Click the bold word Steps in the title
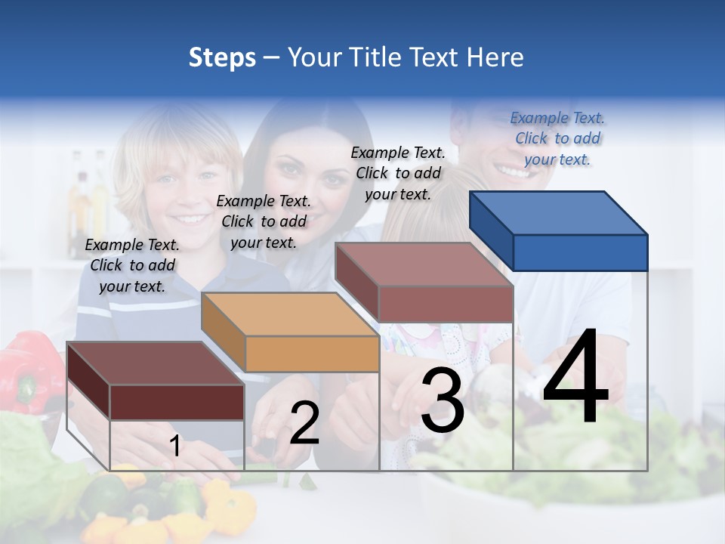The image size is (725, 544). click(221, 57)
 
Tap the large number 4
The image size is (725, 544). click(575, 378)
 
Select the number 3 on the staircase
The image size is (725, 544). click(443, 400)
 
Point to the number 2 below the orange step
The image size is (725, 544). click(304, 423)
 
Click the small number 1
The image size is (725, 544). click(174, 447)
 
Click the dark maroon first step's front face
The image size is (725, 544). click(177, 402)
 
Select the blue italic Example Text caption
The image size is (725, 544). click(557, 138)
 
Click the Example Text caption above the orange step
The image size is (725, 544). click(264, 221)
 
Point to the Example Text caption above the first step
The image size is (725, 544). click(132, 265)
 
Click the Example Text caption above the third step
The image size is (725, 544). click(398, 173)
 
